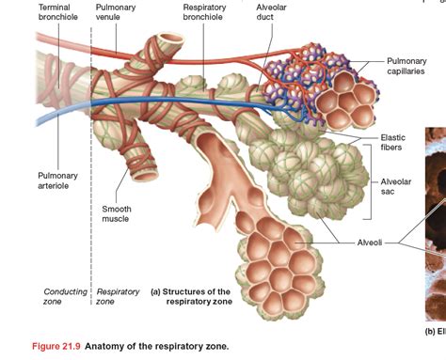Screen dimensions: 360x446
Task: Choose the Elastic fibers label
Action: pyautogui.click(x=392, y=142)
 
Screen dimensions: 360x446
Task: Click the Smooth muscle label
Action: pyautogui.click(x=116, y=213)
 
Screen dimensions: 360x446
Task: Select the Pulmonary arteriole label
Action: pyautogui.click(x=58, y=180)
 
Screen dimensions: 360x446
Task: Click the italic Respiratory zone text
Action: pyautogui.click(x=119, y=296)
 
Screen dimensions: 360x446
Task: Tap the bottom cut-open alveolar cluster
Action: pyautogui.click(x=282, y=252)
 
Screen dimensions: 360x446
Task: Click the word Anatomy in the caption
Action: pyautogui.click(x=111, y=346)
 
